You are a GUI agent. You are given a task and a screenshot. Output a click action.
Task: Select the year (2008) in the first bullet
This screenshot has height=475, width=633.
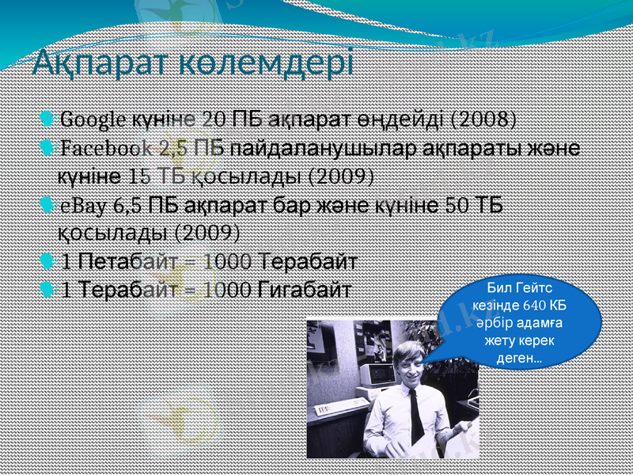click(483, 120)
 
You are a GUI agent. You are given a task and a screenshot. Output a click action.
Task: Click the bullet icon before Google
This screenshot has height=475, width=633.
click(47, 120)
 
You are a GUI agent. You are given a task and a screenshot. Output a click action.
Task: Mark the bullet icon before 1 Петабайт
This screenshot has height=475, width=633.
click(47, 260)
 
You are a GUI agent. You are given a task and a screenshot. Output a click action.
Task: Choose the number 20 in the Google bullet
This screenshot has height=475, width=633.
click(213, 120)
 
